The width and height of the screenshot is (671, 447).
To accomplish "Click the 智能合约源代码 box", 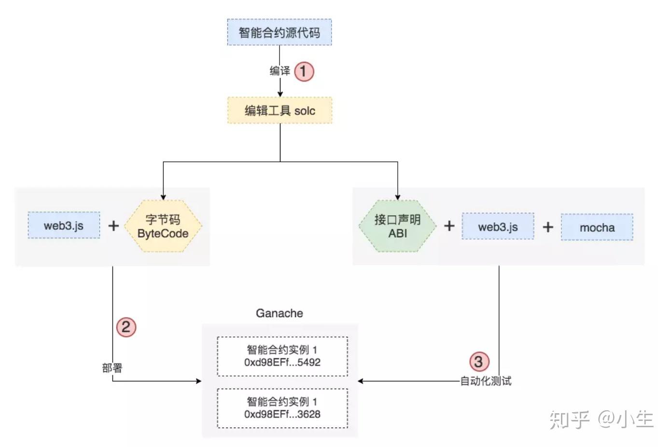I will (x=280, y=32).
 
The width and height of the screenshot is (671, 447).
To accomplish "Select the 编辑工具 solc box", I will (x=280, y=111).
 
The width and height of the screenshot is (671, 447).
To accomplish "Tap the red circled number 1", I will (x=304, y=71).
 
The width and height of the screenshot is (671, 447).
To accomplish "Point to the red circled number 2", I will (x=126, y=327).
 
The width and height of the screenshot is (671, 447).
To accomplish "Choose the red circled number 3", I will (x=478, y=362).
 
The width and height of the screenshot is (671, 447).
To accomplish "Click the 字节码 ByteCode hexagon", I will (x=163, y=226).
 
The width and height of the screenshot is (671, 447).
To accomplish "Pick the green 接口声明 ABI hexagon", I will (x=397, y=226).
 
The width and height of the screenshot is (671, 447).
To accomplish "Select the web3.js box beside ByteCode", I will (x=64, y=225).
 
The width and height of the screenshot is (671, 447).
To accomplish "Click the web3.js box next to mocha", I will (x=498, y=226).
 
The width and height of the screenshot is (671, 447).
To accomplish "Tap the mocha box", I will (x=597, y=227).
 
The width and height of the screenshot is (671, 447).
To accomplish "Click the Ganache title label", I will (x=280, y=313).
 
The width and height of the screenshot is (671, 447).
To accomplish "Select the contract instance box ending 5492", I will (x=282, y=356).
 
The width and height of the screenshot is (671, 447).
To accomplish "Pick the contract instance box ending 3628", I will (x=282, y=408).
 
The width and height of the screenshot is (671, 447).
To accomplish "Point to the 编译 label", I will (x=280, y=71).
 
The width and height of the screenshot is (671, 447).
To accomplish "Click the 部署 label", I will (x=112, y=368).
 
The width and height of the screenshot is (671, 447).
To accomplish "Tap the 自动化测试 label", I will (x=486, y=381).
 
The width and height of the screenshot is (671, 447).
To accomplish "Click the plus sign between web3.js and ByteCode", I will (x=113, y=225).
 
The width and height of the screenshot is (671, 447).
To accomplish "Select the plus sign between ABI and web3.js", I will (x=449, y=226).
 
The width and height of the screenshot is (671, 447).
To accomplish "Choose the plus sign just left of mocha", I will (x=547, y=227).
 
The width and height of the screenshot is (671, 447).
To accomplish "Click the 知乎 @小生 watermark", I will (x=601, y=419).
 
